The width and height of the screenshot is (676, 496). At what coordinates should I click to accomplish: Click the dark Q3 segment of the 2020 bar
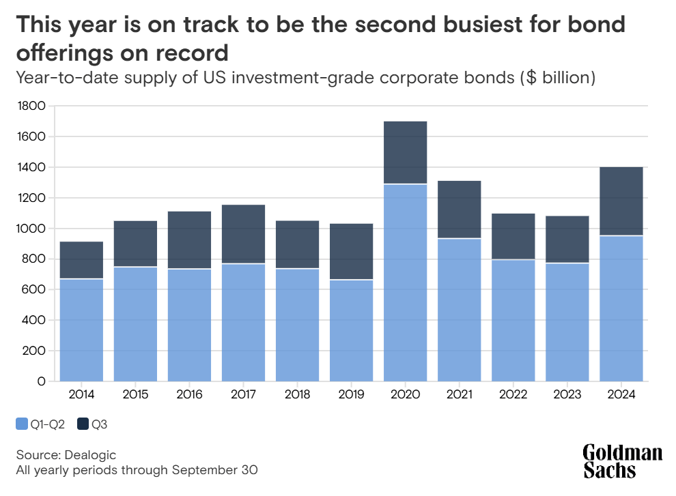click(x=406, y=152)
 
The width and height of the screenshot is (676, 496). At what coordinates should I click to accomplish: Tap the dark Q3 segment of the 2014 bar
click(x=81, y=260)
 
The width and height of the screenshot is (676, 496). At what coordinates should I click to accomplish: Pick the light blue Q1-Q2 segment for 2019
click(x=352, y=330)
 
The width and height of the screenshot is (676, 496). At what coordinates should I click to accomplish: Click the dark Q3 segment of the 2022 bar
click(x=513, y=236)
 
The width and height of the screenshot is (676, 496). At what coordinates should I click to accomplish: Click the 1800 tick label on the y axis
click(x=32, y=106)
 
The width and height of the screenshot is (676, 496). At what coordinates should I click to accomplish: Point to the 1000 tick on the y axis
click(x=32, y=229)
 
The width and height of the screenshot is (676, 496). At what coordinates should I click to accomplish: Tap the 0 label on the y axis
click(x=41, y=381)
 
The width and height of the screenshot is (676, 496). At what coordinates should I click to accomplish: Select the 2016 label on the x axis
click(x=189, y=395)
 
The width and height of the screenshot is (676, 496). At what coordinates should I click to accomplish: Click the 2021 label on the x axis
click(x=460, y=395)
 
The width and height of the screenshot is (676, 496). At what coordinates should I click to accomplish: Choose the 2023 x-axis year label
click(x=567, y=395)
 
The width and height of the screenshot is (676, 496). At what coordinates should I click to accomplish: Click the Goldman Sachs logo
click(x=622, y=461)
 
